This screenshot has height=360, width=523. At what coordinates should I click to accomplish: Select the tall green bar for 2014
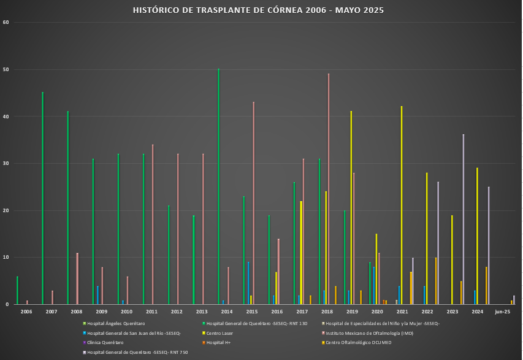[x=218, y=184]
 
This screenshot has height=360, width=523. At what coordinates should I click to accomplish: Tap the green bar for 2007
[x=42, y=196]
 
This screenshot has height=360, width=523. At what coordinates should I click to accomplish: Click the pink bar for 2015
[x=253, y=202]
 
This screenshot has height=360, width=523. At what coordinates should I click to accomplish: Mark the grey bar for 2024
[x=489, y=245]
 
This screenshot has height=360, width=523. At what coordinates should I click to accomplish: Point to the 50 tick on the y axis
[x=6, y=69]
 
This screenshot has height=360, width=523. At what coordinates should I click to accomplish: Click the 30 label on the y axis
[x=6, y=164]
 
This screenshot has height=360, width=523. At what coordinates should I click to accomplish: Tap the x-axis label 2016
[x=277, y=312]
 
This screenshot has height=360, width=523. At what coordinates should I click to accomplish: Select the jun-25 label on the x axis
[x=503, y=312]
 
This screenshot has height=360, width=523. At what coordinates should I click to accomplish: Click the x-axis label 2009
[x=101, y=312]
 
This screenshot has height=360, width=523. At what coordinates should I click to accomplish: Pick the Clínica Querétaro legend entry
[x=105, y=342]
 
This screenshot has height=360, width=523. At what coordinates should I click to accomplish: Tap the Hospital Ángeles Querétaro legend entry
[x=116, y=323]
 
